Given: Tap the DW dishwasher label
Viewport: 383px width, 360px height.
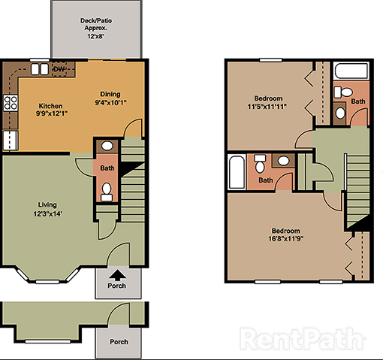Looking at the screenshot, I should pos(59,70).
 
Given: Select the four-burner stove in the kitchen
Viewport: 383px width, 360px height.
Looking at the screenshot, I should pos(11,102).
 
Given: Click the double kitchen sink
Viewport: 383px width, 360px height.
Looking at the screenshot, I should pos(38,70).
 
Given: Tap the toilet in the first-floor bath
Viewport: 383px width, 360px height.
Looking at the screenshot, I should pos(107,190).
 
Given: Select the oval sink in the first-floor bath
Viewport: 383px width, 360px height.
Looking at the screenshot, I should pos(107,147).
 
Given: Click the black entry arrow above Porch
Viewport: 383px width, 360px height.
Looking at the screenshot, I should pos(116,275).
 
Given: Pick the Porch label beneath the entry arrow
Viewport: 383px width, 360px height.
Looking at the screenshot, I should pos(116,286).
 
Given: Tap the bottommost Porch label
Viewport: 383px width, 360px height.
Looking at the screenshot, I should pos(119,342).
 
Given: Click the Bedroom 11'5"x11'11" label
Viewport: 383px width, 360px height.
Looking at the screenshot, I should pos(268,103).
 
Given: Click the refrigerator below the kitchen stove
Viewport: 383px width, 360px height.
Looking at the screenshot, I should pos(10,140).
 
